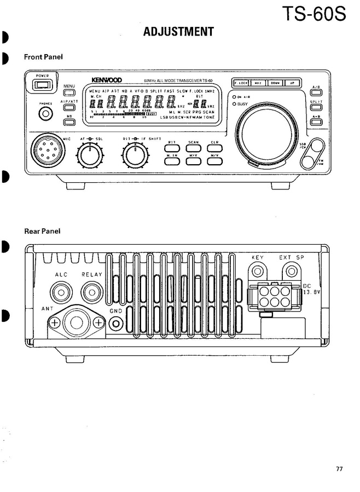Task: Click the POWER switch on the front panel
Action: tap(42, 84)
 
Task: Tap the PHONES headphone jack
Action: tap(46, 113)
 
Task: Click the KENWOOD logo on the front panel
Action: tap(107, 80)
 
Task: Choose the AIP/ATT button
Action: tap(69, 108)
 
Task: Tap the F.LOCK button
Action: tap(241, 83)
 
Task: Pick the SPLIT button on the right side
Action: tap(316, 107)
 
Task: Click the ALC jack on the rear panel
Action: tap(60, 291)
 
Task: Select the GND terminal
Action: tap(115, 324)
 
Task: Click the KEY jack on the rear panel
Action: tap(258, 270)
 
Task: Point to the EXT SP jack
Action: tap(292, 270)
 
